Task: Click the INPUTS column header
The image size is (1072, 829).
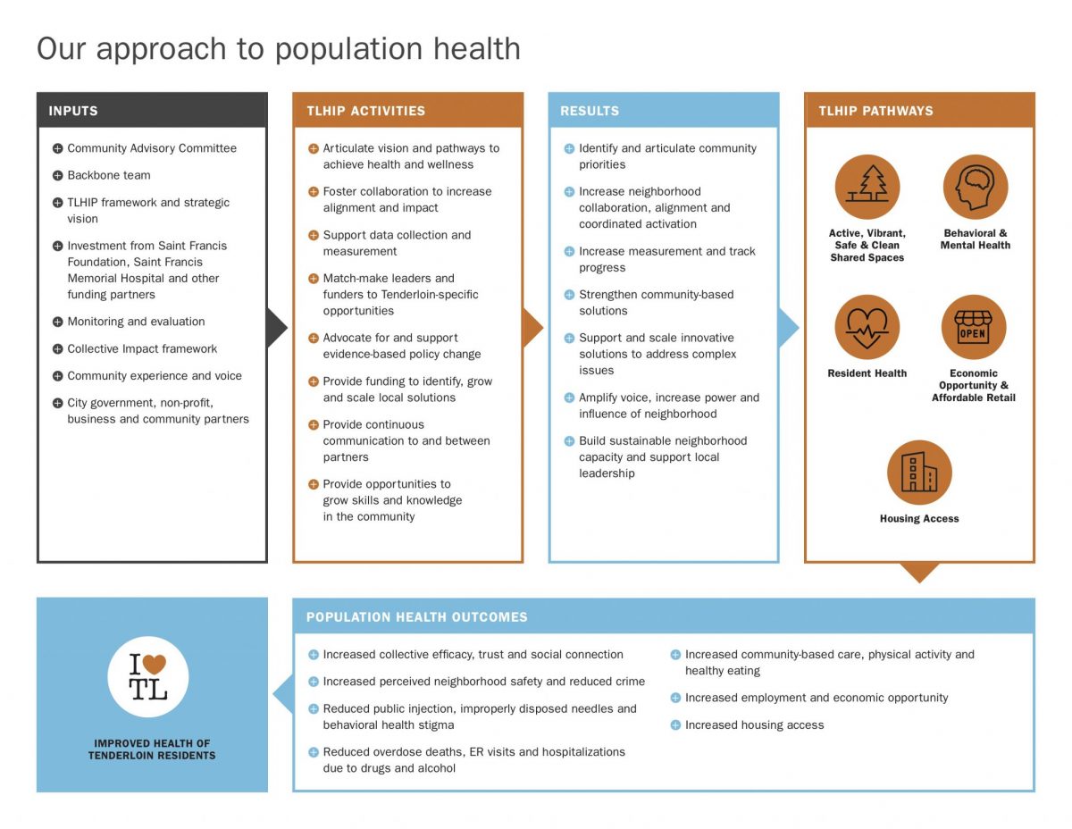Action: coord(73,111)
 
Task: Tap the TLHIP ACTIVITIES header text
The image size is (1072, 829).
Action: coord(365,111)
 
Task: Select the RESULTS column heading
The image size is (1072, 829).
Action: coord(589,111)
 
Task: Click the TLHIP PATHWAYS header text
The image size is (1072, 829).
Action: coord(875,111)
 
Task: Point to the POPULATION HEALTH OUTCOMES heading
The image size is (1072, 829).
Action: coord(417,616)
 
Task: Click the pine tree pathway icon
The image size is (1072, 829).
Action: coord(867,187)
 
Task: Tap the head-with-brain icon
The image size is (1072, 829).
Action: coord(975,187)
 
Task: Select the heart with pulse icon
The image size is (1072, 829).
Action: coord(867,327)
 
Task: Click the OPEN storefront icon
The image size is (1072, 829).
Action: coord(974,327)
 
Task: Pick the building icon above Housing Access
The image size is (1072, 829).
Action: coord(919,473)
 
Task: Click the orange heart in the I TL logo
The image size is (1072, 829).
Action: coord(155,664)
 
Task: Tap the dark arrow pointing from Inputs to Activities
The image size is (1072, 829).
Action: coord(277,328)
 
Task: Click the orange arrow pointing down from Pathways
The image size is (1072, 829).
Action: coord(919,573)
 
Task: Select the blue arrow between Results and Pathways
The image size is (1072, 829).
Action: coord(788,328)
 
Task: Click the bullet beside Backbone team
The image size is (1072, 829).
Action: coord(58,175)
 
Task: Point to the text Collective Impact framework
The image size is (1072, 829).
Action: coord(142,348)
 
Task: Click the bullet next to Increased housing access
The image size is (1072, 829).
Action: coord(675,724)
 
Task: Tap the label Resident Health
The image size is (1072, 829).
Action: coord(867,373)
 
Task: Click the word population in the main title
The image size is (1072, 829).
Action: coord(348,50)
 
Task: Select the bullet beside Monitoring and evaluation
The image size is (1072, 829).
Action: coord(58,322)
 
